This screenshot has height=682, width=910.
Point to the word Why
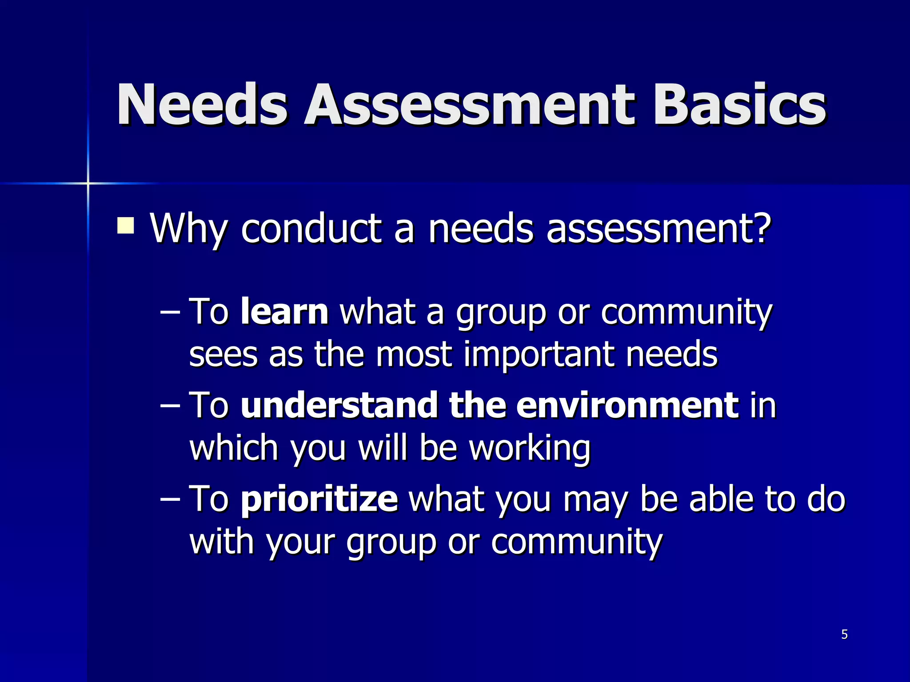point(188,229)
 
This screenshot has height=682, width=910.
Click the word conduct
point(311,228)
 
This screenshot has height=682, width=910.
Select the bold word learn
point(284,312)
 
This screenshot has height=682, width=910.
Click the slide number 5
point(844,634)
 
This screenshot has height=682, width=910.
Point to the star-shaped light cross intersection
point(88,183)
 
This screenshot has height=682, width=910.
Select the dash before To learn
point(170,313)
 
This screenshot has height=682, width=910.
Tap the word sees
point(224,354)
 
